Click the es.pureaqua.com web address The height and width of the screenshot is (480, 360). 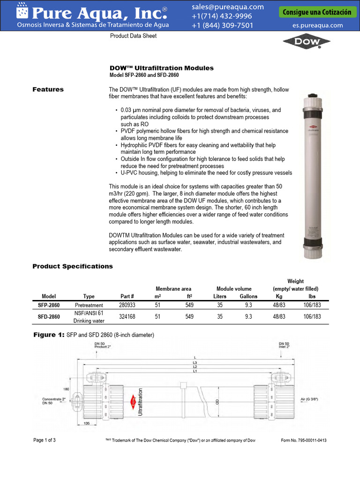[x=317, y=26]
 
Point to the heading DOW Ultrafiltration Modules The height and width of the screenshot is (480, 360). [x=161, y=68]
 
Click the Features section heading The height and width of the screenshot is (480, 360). [x=48, y=89]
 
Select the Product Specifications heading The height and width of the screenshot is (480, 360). [x=72, y=266]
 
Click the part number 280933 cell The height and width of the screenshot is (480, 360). [x=127, y=305]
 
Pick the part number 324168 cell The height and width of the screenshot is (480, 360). [x=127, y=317]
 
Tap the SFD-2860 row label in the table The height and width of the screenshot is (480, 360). [x=49, y=317]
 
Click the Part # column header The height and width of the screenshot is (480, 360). [x=127, y=296]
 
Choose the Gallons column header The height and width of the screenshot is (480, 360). [x=248, y=296]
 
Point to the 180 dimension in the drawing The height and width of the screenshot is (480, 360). [x=67, y=389]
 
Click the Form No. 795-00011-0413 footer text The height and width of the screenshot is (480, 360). [x=303, y=440]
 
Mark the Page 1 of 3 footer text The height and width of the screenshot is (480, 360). [x=45, y=440]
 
